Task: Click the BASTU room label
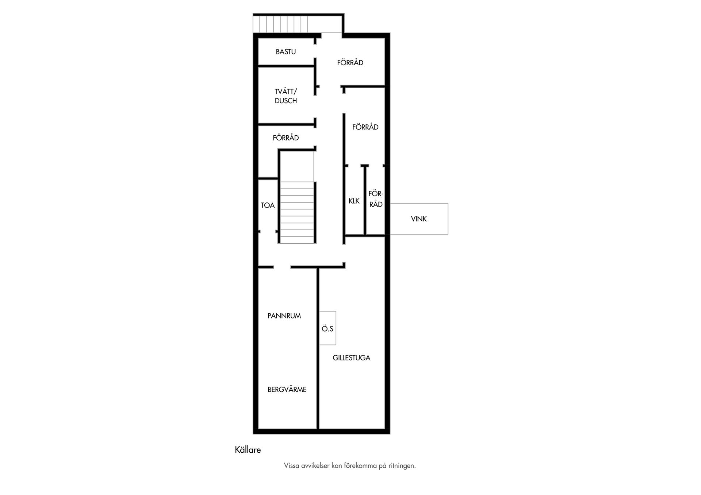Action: coord(286,52)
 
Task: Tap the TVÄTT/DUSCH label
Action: coord(286,96)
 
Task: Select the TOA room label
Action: coord(268,205)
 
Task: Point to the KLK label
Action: coord(354,201)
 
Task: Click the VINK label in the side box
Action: coord(419,219)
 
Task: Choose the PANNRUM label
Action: coord(284,316)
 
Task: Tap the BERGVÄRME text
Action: coord(287,390)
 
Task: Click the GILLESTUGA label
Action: coord(351,358)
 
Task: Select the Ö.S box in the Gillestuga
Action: coord(327,328)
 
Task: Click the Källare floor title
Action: coord(248,450)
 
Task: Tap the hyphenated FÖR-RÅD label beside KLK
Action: coord(376,199)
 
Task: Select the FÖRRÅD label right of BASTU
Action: coord(350,63)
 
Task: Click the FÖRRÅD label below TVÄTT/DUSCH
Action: coord(286,138)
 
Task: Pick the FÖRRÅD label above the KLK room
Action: coord(365,127)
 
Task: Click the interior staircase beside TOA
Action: coord(297,212)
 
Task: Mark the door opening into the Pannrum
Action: coord(282,267)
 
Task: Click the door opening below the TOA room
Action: coord(268,232)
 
